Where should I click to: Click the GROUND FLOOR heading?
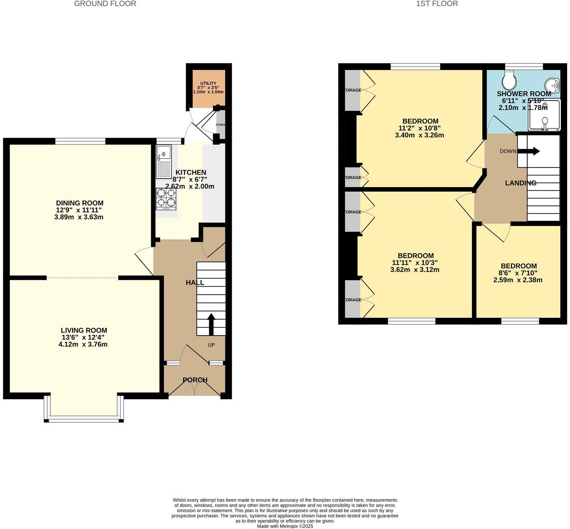click(x=105, y=4)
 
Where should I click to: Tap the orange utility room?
click(x=208, y=88)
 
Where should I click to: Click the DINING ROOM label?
click(x=80, y=203)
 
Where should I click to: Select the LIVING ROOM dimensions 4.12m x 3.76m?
click(x=83, y=344)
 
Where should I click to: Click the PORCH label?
click(x=195, y=380)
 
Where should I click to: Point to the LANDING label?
click(x=521, y=183)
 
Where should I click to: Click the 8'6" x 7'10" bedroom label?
click(x=518, y=273)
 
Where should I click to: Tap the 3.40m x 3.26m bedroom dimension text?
click(x=419, y=135)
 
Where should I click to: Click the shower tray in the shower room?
click(x=544, y=115)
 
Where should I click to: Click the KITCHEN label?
click(x=191, y=172)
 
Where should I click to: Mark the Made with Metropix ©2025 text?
click(x=285, y=526)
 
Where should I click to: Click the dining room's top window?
click(x=80, y=141)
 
